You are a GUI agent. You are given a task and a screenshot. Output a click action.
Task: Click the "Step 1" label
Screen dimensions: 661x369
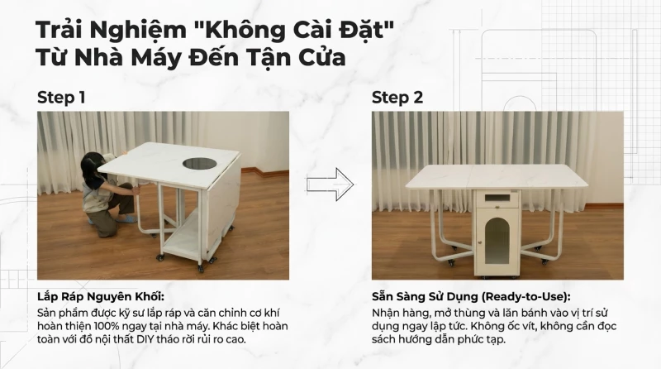(x=61, y=98)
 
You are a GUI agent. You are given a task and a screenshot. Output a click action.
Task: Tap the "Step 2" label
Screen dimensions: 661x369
(x=397, y=98)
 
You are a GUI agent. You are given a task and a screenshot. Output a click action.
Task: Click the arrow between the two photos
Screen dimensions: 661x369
(x=330, y=184)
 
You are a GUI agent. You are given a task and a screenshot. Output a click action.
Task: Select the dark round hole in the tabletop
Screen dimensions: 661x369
(x=199, y=163)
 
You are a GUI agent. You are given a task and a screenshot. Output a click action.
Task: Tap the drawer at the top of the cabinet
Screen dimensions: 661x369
(x=497, y=199)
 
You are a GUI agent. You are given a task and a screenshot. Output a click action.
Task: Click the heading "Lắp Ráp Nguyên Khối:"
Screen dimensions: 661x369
(x=101, y=297)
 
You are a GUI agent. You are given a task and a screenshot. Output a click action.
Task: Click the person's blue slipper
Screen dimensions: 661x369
(x=126, y=219)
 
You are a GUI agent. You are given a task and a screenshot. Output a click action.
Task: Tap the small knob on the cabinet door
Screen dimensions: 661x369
(x=479, y=242)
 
